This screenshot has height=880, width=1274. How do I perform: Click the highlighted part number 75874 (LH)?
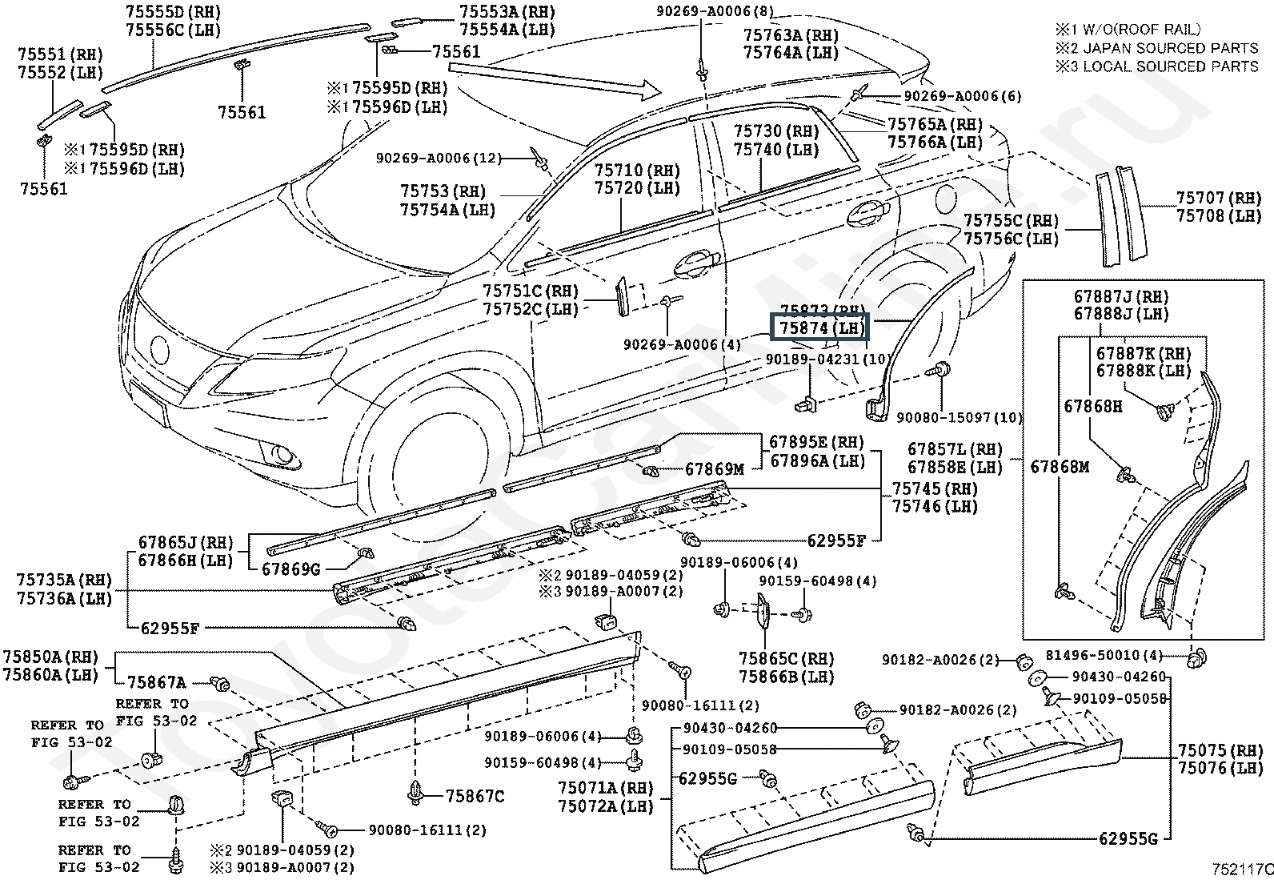coord(819,328)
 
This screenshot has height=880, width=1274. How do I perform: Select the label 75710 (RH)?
coord(637,171)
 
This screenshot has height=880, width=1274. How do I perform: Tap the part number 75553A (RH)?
coord(507,11)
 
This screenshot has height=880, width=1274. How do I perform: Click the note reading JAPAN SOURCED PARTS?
coord(1156,48)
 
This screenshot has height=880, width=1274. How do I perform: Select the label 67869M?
coord(715,469)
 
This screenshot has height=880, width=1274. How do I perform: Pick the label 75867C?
coord(475,796)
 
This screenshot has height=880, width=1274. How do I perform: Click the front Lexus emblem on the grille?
coord(160,350)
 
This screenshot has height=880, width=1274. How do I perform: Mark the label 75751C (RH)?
coord(530,291)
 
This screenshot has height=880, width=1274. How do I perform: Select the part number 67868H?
coord(1092,406)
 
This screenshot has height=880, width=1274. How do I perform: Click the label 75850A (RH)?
coord(50,657)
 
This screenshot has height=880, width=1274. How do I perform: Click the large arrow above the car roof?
coord(560,78)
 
